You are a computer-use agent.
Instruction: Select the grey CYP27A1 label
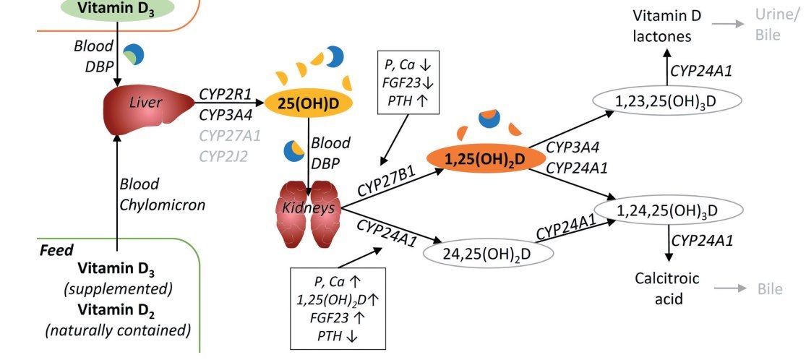tap(221, 134)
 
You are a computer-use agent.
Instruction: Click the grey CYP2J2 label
tap(220, 155)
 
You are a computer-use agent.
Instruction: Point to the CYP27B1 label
tap(387, 182)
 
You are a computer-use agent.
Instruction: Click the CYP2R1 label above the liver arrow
tap(220, 94)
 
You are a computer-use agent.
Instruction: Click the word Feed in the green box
tap(56, 250)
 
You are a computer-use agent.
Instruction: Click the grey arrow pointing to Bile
tap(731, 289)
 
